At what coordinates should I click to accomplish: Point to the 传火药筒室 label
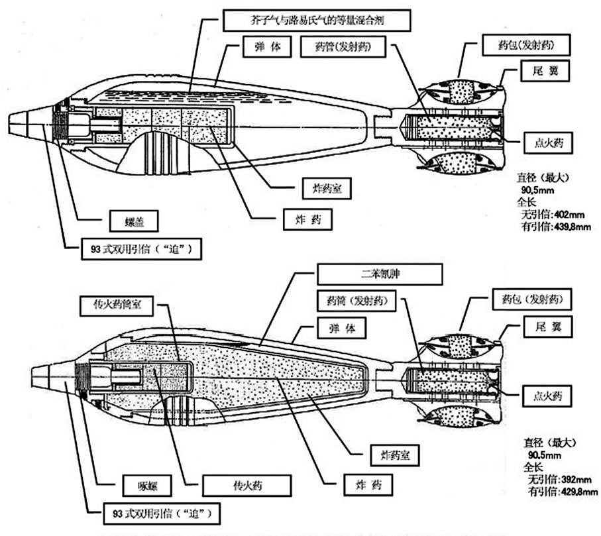[x=116, y=305]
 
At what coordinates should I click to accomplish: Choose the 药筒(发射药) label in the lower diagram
[x=353, y=301]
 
